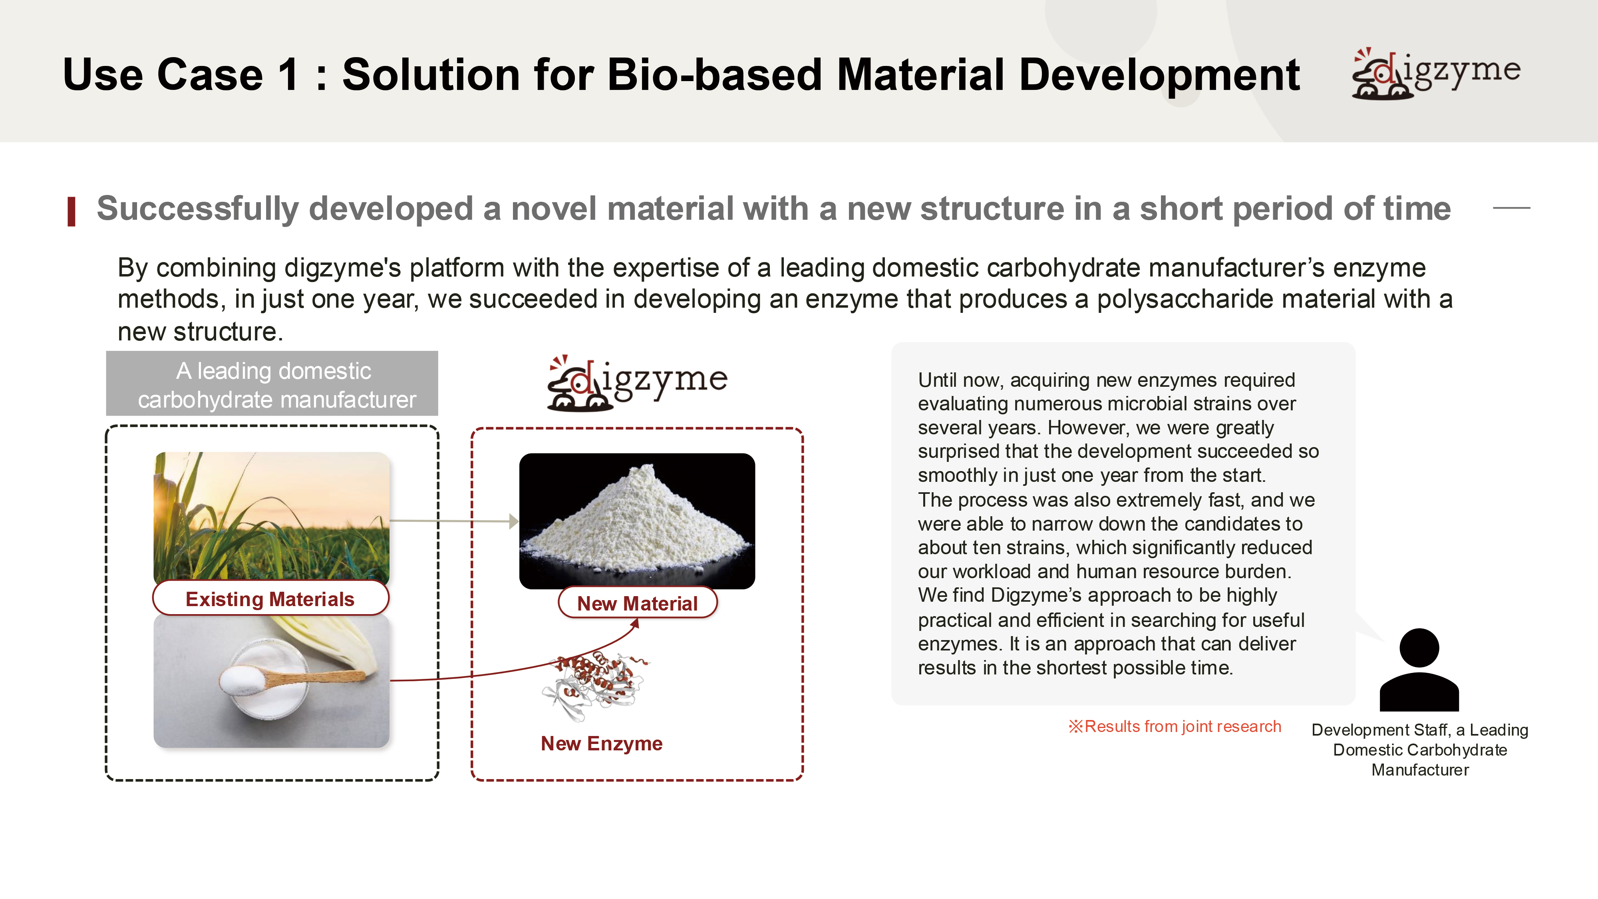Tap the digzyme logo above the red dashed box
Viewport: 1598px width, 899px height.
point(637,382)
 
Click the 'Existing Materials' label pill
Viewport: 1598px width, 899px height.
point(270,599)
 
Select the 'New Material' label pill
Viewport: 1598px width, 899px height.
point(638,603)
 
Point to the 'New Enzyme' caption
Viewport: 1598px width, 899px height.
point(602,743)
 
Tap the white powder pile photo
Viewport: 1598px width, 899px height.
point(637,521)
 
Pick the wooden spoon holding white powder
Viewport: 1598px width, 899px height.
point(292,678)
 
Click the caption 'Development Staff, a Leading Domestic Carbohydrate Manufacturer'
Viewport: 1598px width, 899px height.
point(1420,750)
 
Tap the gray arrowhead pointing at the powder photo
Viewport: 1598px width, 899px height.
point(514,521)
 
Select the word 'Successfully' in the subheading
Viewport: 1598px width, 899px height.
point(197,209)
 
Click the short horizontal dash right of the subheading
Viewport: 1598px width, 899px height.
point(1511,208)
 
